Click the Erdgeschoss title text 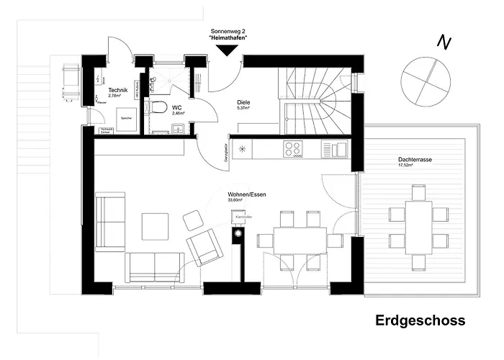[x=420, y=320]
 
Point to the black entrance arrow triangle [x=228, y=50]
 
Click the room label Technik [x=118, y=89]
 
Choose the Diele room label [x=243, y=103]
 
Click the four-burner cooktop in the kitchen [x=293, y=149]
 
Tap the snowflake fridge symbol [x=243, y=150]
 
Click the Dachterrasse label [x=415, y=160]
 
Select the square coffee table [x=156, y=226]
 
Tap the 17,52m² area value [x=408, y=166]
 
